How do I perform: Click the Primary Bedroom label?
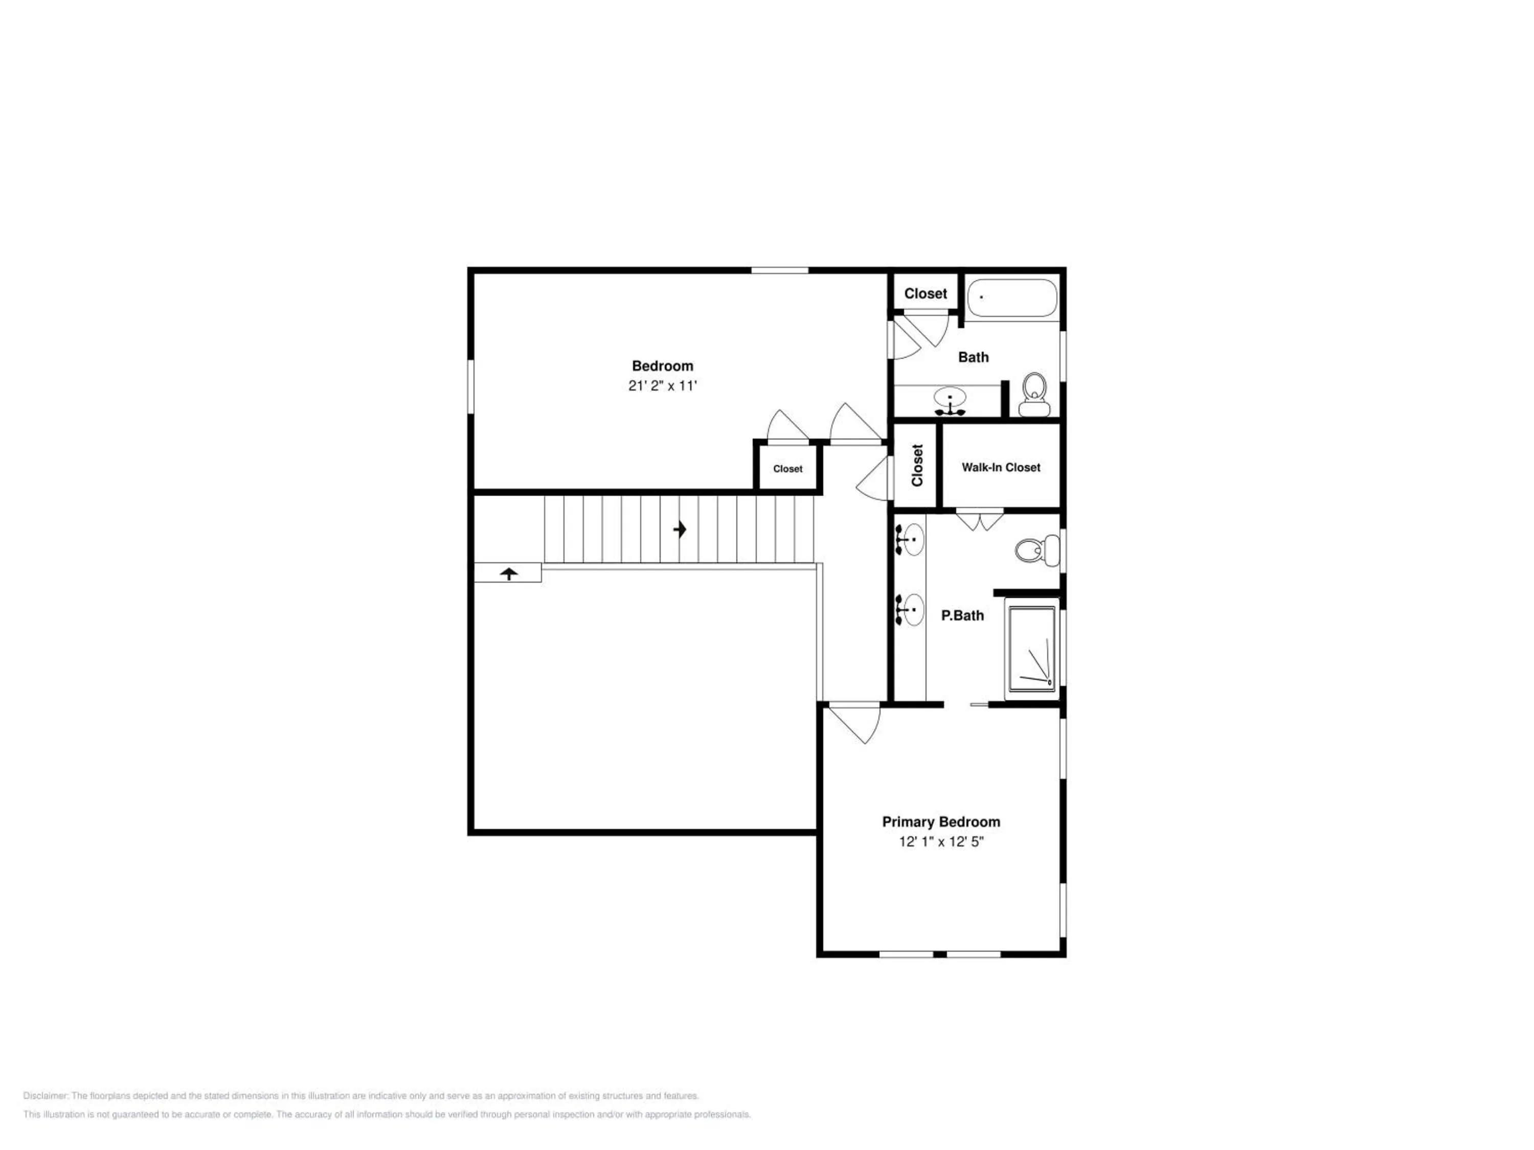pyautogui.click(x=940, y=822)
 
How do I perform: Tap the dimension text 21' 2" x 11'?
pyautogui.click(x=662, y=386)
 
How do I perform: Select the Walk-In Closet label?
pyautogui.click(x=1001, y=467)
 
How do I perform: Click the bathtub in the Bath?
pyautogui.click(x=1012, y=298)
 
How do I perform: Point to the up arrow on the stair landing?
pyautogui.click(x=509, y=573)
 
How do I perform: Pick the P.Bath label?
pyautogui.click(x=962, y=615)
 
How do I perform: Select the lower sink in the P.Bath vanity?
pyautogui.click(x=911, y=610)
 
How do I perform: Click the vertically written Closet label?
pyautogui.click(x=917, y=465)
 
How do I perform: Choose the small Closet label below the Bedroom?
pyautogui.click(x=788, y=469)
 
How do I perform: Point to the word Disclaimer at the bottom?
pyautogui.click(x=46, y=1096)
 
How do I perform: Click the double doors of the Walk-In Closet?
pyautogui.click(x=979, y=520)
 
